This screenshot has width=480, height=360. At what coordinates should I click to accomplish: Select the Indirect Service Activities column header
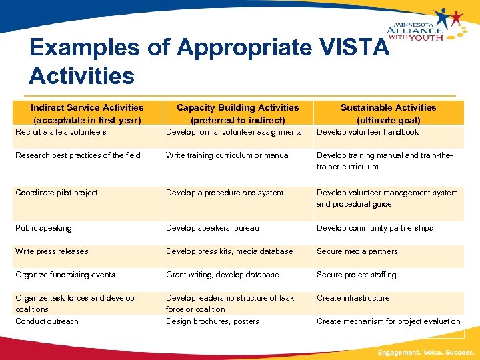tap(87, 113)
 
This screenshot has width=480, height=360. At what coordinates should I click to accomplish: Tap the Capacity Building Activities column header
tap(238, 113)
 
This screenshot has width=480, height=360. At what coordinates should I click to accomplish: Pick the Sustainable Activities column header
tap(389, 113)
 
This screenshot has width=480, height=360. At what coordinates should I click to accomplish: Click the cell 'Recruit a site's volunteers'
tap(61, 132)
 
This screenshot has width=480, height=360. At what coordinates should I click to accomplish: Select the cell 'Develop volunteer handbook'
tap(367, 132)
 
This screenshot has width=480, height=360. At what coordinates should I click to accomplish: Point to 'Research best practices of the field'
tap(78, 155)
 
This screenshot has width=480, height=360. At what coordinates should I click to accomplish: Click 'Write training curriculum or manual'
tap(228, 155)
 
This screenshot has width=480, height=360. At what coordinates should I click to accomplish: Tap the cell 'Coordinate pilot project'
tap(57, 193)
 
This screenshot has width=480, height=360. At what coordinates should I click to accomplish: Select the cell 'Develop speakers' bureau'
tap(213, 228)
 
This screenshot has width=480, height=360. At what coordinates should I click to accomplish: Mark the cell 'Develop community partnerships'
tap(375, 228)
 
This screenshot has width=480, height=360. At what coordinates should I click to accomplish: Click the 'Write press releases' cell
tap(52, 251)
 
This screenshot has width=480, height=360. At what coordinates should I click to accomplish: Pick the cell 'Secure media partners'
tap(357, 251)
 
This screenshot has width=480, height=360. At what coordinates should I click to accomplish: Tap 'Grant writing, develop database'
tap(223, 275)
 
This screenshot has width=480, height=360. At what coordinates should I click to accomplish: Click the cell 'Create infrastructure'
tap(353, 298)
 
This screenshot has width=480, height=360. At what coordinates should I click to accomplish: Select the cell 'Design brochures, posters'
tap(212, 321)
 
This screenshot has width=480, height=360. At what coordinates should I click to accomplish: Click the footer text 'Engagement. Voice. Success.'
tap(426, 351)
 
